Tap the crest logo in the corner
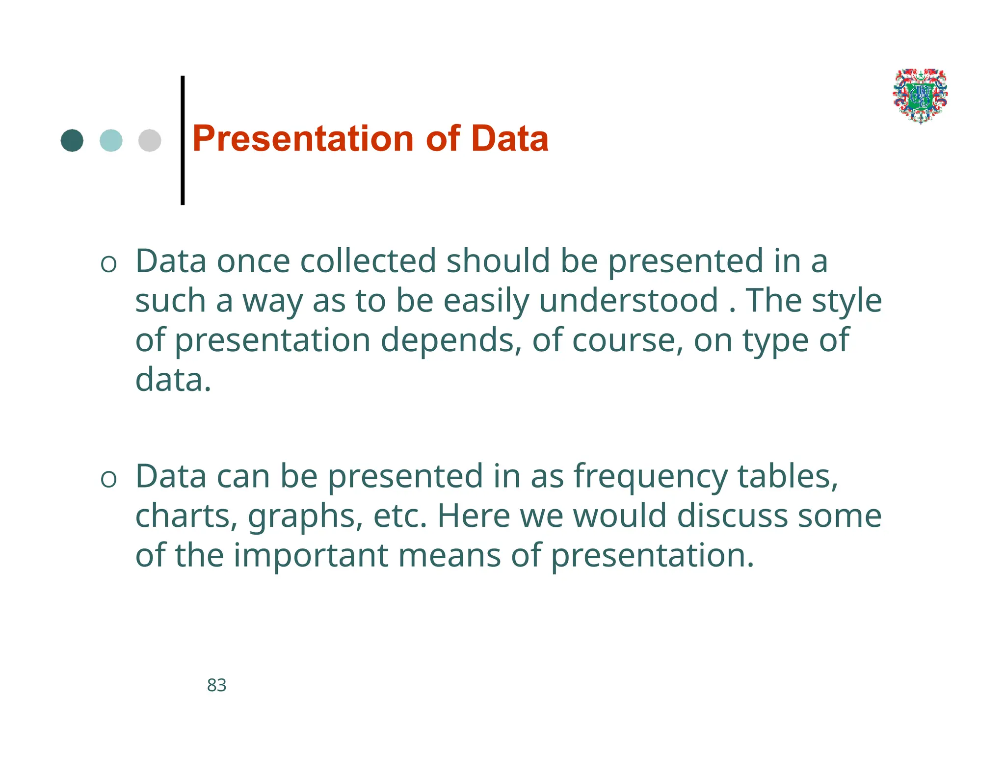(x=920, y=96)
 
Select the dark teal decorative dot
(x=72, y=141)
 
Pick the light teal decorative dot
(x=111, y=141)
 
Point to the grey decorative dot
(x=150, y=141)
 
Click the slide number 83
(x=216, y=685)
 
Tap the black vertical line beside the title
(x=183, y=140)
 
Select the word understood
(x=629, y=300)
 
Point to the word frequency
(x=651, y=477)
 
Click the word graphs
(x=305, y=517)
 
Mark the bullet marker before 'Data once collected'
(x=108, y=264)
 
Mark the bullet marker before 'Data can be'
(x=108, y=479)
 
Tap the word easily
(x=486, y=300)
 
